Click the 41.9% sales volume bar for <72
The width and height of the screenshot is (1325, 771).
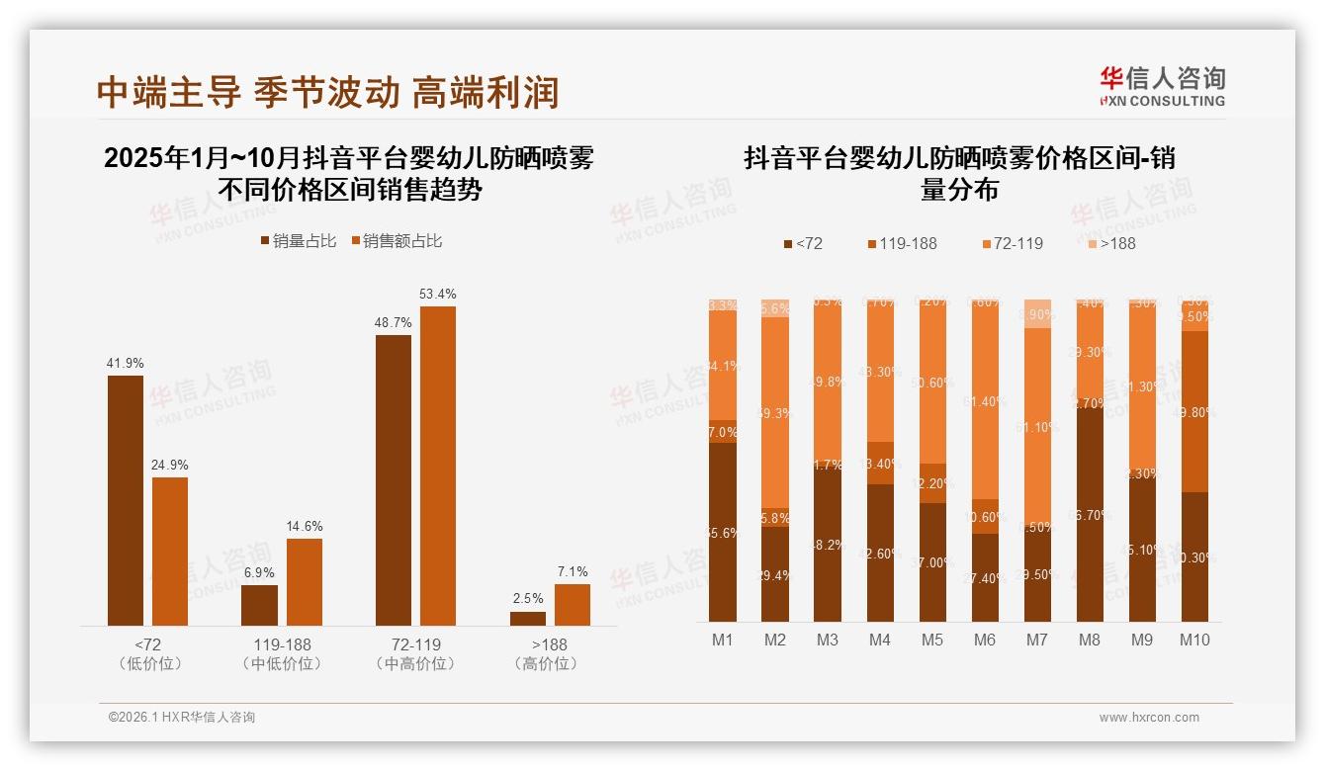(126, 500)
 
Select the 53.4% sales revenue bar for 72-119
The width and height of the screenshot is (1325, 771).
(438, 466)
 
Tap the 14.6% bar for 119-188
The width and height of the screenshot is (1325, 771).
(305, 581)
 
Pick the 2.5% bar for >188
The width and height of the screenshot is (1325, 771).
(528, 618)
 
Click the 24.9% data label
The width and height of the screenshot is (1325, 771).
(170, 465)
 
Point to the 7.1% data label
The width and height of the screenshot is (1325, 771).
(572, 571)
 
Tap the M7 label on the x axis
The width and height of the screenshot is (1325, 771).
(1036, 640)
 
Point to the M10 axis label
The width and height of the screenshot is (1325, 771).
(1194, 640)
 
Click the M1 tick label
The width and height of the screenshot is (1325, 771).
(723, 640)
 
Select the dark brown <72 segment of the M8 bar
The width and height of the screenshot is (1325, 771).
(1090, 513)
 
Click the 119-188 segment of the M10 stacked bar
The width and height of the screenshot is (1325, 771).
(1194, 411)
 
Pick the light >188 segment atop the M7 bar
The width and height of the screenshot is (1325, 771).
(1037, 313)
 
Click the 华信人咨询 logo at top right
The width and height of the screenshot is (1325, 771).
(1162, 86)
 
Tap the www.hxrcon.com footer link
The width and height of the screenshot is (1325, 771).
(1149, 718)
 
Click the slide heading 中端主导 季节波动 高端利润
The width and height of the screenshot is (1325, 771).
(327, 92)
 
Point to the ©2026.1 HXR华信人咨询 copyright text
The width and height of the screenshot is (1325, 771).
(182, 718)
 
